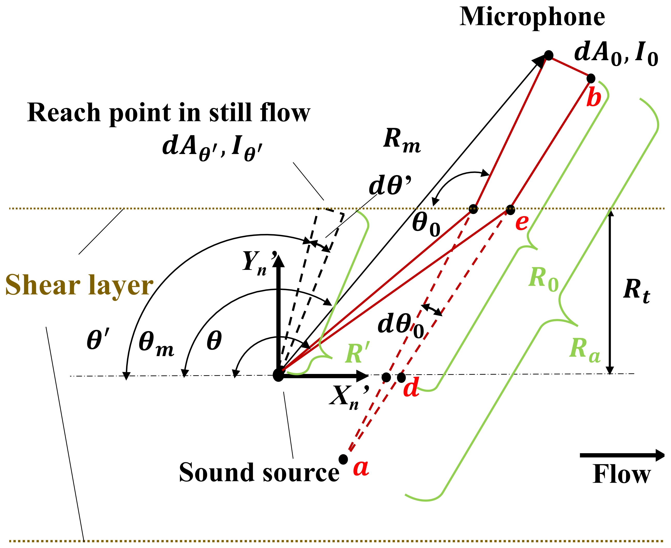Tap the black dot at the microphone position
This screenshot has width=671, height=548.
pos(549,55)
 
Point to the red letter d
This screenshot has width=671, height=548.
pos(411,388)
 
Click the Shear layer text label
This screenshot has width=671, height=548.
pos(79,285)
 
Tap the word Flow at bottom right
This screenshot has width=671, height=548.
pos(621,474)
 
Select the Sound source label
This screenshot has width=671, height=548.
pos(259,473)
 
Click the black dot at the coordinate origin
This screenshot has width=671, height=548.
pos(278,375)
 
